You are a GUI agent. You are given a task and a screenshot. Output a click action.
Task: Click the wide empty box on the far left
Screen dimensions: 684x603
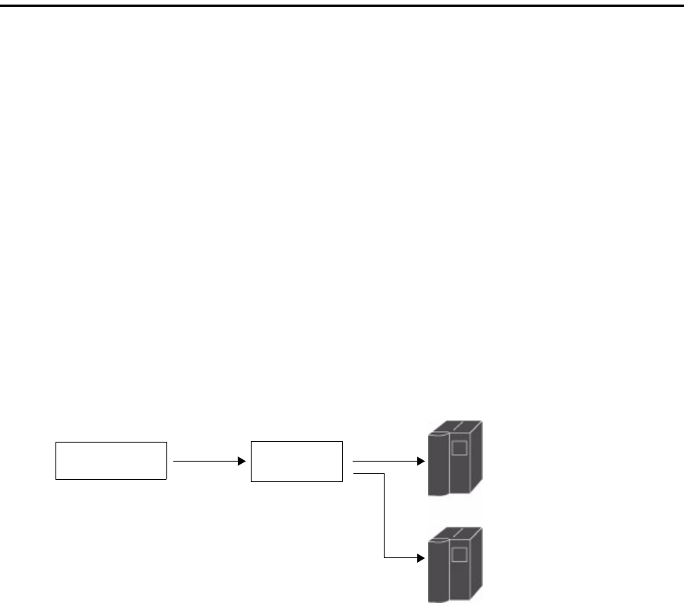click(111, 460)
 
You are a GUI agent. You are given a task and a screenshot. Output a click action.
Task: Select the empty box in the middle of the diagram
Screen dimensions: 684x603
click(296, 460)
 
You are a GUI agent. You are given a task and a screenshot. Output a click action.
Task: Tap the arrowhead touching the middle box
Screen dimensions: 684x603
click(245, 461)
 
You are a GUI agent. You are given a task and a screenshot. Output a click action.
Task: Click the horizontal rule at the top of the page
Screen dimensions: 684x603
click(342, 5)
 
